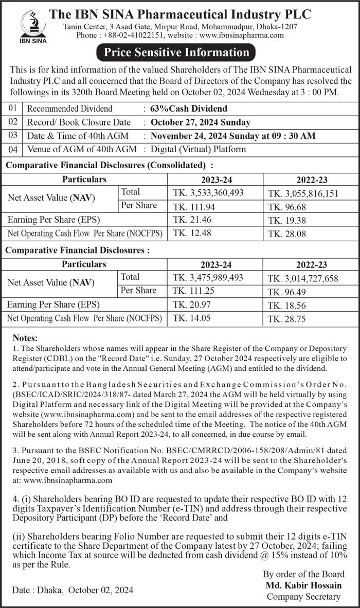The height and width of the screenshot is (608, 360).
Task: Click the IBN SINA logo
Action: (32, 27)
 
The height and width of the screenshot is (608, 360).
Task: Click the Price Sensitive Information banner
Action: (176, 52)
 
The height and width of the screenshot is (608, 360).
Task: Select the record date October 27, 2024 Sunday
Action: (201, 122)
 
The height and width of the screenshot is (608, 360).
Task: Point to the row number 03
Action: (14, 135)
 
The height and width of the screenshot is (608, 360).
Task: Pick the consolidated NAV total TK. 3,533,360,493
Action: (208, 193)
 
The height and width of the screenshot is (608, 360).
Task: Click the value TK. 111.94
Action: (194, 207)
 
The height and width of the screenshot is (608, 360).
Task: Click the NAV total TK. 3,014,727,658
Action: (303, 278)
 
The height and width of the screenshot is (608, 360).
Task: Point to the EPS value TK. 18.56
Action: (287, 305)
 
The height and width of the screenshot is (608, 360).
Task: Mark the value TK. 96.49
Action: (287, 292)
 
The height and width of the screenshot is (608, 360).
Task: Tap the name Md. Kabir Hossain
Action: (303, 585)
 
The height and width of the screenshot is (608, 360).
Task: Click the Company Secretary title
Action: (303, 597)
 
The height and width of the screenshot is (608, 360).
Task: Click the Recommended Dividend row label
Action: (69, 109)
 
